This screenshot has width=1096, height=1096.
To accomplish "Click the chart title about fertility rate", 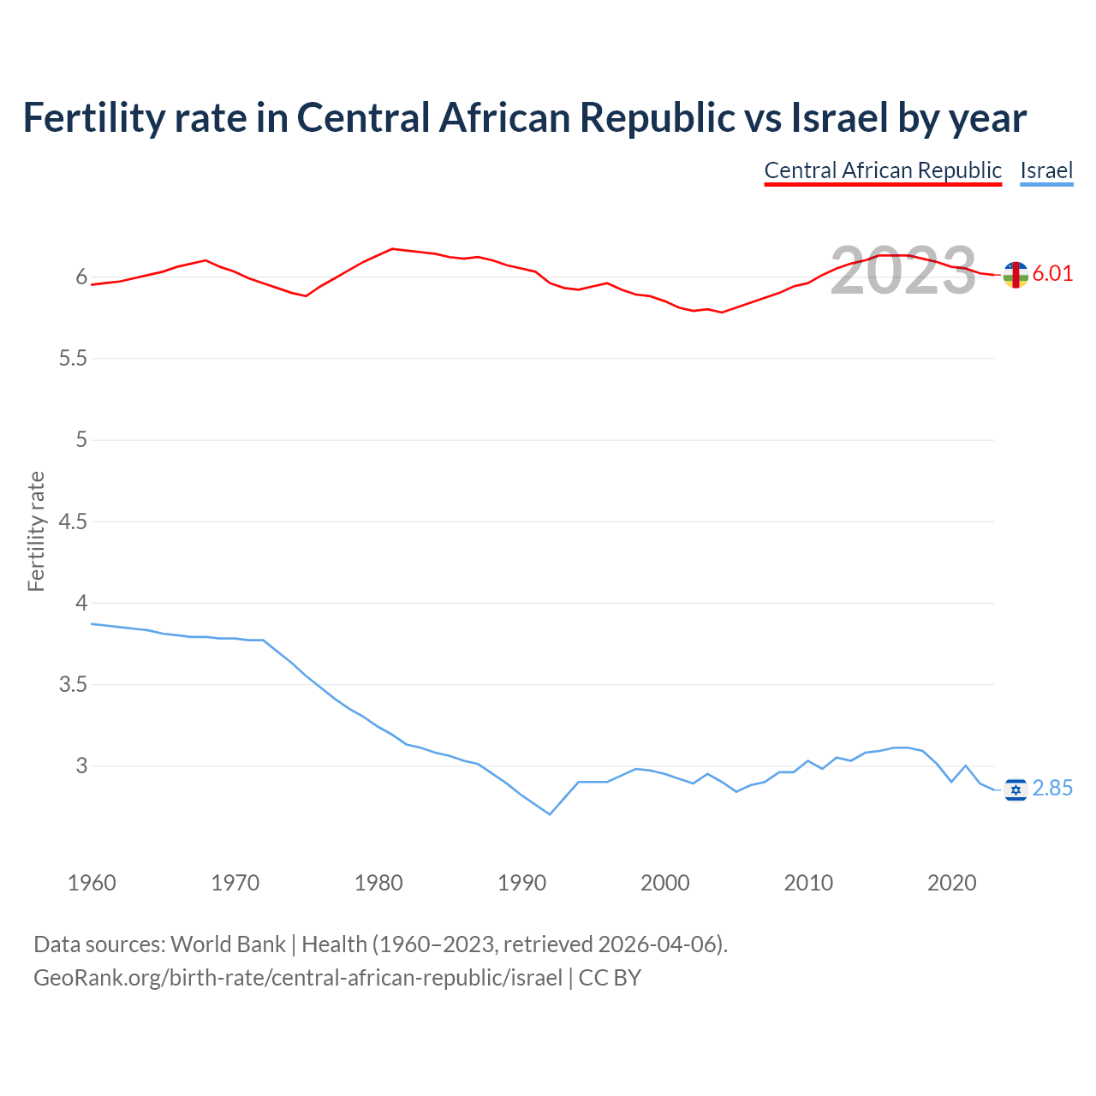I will (524, 118).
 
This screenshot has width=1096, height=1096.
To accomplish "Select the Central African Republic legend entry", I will (883, 170).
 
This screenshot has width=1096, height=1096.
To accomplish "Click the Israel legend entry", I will (1046, 170).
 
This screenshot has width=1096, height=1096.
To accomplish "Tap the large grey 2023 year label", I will (902, 271).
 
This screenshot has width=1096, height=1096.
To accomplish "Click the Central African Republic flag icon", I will (1016, 275).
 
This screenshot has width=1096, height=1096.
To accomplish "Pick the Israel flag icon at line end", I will (1016, 789).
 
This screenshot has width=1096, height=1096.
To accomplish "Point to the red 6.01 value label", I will (1052, 274).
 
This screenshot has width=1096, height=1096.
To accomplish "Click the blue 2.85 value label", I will (1052, 789).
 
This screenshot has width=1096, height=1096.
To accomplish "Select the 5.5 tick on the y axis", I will (73, 359).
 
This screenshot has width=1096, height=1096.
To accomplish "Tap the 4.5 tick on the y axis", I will (73, 521).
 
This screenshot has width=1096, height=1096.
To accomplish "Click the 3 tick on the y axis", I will (81, 766).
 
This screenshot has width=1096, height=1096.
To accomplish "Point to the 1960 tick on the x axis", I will (92, 883).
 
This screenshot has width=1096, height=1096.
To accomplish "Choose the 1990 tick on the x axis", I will (521, 883).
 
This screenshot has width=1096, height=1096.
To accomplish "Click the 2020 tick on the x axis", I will (951, 883).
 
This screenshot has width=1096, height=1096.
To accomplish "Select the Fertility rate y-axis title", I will (36, 531).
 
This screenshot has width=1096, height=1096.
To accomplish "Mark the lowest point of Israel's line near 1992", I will (550, 814).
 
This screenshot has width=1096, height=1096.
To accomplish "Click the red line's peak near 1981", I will (392, 248).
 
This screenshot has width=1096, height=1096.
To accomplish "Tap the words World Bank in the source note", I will (228, 944).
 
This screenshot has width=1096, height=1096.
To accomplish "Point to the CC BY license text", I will (610, 978).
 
